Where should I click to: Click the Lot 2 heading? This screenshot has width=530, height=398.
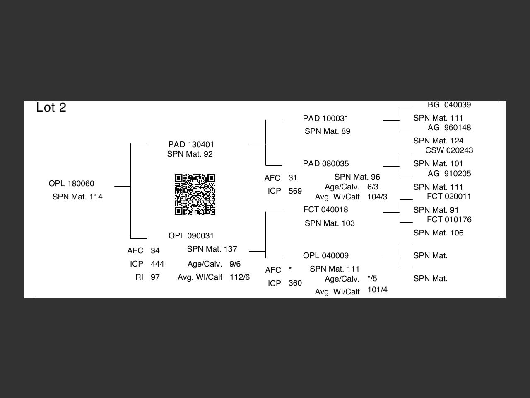coord(51,107)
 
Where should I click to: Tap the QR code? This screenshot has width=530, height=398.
coord(195,194)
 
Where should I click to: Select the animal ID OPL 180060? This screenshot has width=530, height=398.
coord(71,184)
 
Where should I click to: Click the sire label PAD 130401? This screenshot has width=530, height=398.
coord(191,145)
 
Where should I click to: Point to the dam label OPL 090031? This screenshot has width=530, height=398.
coord(191,236)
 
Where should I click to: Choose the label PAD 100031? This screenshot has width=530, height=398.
coord(326,119)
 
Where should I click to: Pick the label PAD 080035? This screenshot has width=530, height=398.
coord(326,164)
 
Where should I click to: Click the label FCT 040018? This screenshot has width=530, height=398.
coord(325,210)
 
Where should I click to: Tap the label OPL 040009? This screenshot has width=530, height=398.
coord(326,256)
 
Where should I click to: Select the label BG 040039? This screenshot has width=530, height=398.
coord(449,105)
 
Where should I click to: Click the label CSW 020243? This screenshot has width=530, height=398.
coord(449,150)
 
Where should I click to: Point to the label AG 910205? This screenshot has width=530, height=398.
coord(449,174)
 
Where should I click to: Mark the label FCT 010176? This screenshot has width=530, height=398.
coord(449,220)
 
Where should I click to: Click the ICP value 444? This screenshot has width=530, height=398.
coord(157,264)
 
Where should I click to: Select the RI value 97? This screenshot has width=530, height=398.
coord(155,277)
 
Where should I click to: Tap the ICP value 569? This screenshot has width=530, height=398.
coord(295,191)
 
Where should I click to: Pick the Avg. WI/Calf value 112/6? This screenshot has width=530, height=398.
coord(240,277)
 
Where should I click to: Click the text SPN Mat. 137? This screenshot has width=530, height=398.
coord(212,249)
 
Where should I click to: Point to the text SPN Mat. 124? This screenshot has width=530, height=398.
coord(438,141)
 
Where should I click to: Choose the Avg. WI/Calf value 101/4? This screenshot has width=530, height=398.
coord(377,290)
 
